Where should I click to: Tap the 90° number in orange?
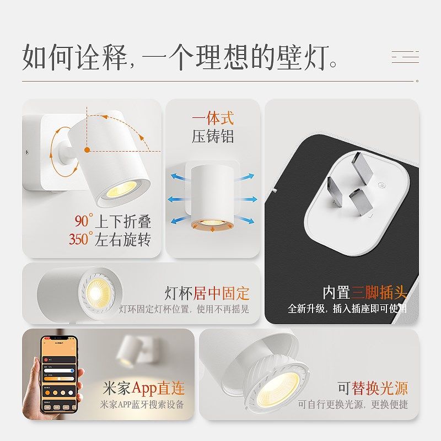click(x=82, y=222)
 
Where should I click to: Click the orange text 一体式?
click(x=213, y=118)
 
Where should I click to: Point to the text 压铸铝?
click(x=213, y=136)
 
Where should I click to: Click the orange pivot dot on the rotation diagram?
click(x=87, y=149)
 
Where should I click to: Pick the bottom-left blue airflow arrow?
click(x=178, y=220)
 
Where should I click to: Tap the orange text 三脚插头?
click(x=380, y=292)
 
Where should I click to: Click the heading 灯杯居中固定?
click(x=207, y=293)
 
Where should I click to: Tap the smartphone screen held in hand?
click(x=58, y=375)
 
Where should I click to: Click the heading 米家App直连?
click(x=144, y=388)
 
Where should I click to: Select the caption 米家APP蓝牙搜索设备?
click(x=142, y=404)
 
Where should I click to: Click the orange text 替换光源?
click(x=380, y=388)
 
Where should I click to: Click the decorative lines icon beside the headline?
click(x=405, y=57)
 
